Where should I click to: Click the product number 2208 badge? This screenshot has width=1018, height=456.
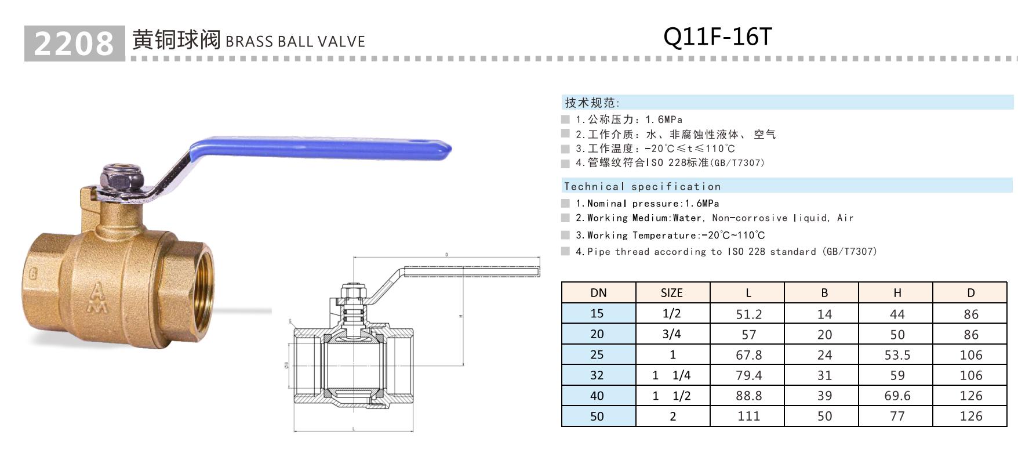point(74,44)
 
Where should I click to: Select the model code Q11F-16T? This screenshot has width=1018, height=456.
point(717,37)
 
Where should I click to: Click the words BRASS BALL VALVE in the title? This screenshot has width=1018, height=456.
point(295,42)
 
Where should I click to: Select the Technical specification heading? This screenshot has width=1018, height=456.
point(642,186)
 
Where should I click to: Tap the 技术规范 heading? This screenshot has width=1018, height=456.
point(592,103)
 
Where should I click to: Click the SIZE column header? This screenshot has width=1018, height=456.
point(672,293)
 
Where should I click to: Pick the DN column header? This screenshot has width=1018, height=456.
point(598,293)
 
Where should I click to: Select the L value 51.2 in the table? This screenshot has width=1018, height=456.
point(748,314)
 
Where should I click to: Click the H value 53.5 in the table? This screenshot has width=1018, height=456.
point(897,355)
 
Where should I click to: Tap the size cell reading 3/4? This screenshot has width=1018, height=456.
point(672,334)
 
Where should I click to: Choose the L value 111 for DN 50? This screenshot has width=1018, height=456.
point(748,416)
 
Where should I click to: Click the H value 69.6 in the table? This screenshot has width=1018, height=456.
point(897,396)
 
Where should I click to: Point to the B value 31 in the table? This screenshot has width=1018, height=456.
point(824,375)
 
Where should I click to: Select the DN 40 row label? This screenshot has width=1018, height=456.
point(597,396)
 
